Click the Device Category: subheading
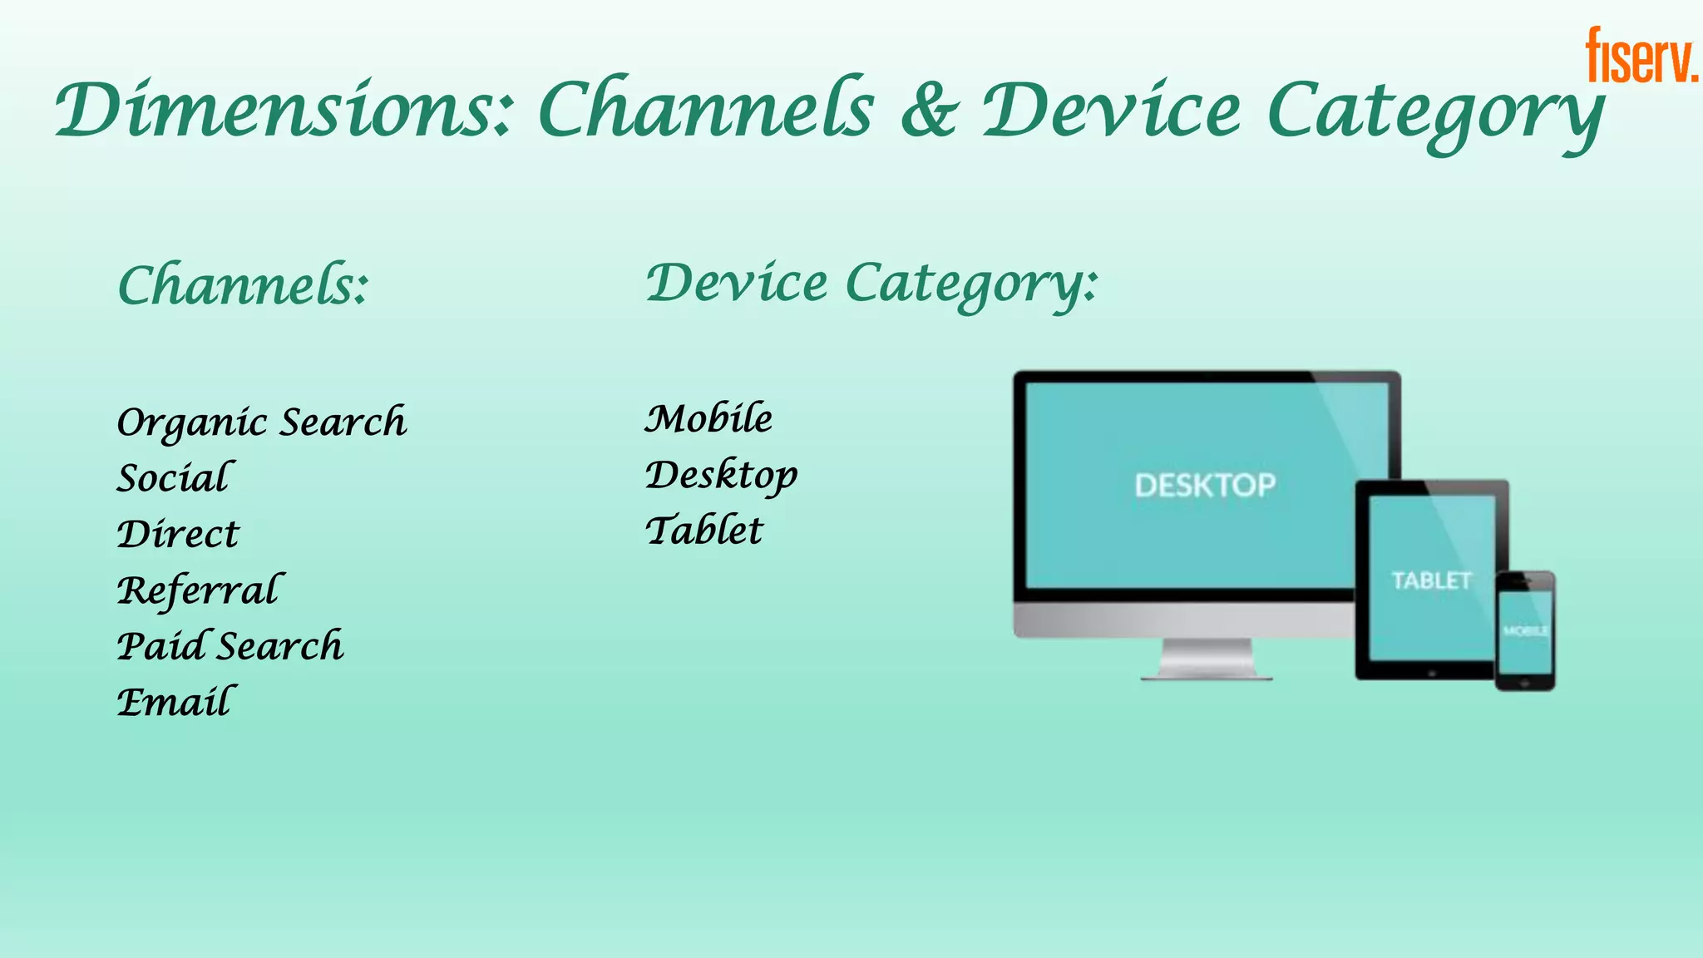point(871,284)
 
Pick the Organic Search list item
point(262,422)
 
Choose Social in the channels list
point(175,478)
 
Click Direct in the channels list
point(178,534)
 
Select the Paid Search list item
point(230,646)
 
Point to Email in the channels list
point(175,702)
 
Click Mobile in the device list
point(708,418)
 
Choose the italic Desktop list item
point(721,476)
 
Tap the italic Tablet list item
point(704,531)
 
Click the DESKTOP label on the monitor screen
point(1205,485)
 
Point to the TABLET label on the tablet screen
point(1431,580)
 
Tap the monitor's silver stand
point(1207,659)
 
